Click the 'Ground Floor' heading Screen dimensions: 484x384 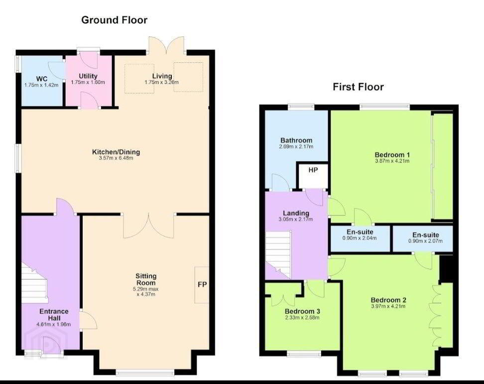coord(114,20)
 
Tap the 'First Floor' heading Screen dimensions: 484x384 coord(358,87)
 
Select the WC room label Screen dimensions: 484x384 coord(42,78)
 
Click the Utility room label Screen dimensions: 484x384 coord(88,76)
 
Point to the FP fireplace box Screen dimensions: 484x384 coord(202,285)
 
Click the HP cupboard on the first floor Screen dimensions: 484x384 coord(312,175)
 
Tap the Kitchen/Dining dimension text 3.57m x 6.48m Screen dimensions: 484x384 coord(116,158)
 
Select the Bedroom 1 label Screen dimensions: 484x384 coord(392,155)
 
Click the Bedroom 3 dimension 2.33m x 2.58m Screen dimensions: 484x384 coord(302,317)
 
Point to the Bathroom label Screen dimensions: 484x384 coord(296,140)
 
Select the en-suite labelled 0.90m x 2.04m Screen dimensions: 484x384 coord(360,238)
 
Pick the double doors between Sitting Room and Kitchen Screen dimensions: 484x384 coord(148,226)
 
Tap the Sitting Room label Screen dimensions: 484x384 coord(146,279)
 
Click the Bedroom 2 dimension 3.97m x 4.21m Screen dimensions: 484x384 coord(388,306)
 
